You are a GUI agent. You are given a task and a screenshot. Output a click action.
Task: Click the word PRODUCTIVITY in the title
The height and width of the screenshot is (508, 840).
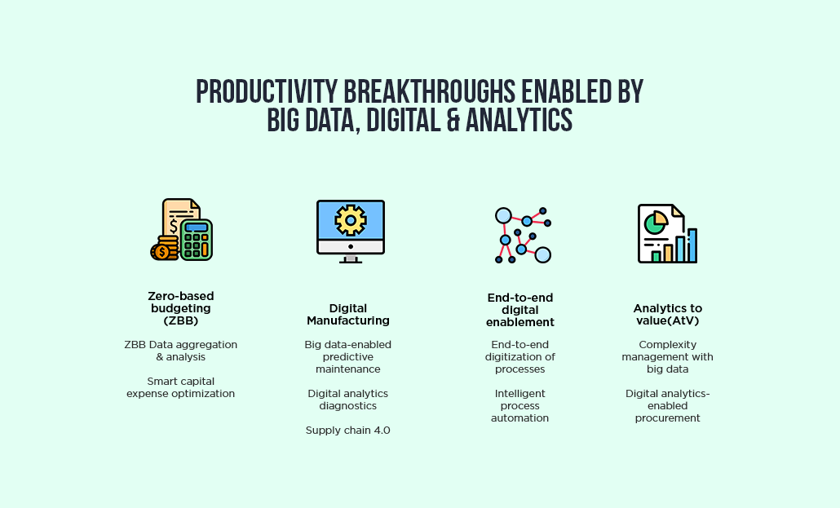click(266, 91)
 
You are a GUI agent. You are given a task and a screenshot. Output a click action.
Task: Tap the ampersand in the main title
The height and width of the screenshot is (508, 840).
click(453, 120)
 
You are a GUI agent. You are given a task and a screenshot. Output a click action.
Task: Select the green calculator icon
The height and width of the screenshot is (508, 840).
click(197, 240)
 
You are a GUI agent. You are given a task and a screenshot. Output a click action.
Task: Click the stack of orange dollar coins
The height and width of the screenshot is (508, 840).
click(165, 248)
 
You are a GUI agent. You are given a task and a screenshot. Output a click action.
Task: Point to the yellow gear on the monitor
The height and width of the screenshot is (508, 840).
click(351, 219)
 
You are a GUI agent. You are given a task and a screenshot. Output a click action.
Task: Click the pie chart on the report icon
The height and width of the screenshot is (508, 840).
click(656, 223)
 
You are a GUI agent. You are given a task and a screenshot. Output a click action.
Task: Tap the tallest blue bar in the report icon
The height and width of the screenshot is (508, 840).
click(692, 245)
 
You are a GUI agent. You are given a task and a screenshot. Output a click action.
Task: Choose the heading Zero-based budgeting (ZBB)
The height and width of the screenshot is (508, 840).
click(181, 309)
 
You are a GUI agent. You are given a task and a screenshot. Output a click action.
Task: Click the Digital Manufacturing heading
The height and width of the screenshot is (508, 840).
click(348, 315)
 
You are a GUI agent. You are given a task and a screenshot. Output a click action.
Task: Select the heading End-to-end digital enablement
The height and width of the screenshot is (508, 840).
click(520, 311)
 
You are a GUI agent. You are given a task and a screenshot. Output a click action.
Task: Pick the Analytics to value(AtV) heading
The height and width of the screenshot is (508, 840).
click(667, 315)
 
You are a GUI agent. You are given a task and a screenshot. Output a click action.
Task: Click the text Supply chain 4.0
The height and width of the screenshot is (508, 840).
click(347, 431)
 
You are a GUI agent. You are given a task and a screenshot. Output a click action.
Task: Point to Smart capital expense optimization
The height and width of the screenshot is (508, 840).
click(180, 387)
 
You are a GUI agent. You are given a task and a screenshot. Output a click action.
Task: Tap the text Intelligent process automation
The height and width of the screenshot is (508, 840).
click(519, 405)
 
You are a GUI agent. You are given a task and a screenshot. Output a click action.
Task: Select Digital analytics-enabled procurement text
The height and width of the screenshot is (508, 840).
click(667, 405)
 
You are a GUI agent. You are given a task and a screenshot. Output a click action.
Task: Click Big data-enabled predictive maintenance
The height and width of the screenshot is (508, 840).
click(347, 357)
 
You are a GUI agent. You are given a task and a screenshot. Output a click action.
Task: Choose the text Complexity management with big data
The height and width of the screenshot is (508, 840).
click(667, 357)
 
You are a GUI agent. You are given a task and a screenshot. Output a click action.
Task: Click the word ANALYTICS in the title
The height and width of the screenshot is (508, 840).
click(519, 120)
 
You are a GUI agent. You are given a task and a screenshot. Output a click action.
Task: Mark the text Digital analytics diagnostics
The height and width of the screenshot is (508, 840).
click(347, 400)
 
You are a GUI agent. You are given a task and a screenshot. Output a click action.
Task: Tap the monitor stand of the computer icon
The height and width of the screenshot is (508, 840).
click(351, 259)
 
